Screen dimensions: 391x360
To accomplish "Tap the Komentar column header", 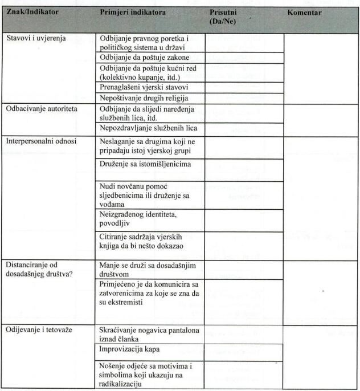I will (x=304, y=12).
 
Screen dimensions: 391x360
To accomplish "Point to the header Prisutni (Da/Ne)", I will (x=223, y=16).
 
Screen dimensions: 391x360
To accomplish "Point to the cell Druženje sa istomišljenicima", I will (x=145, y=164).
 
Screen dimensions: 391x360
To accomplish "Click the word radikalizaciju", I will (x=121, y=384).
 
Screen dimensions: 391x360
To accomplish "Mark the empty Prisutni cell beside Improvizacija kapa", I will (x=244, y=349).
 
